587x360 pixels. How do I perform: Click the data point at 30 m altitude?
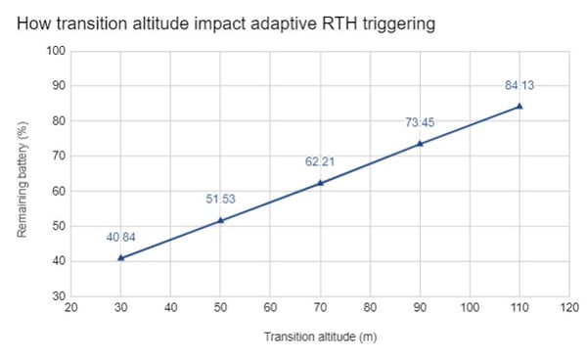point(120,257)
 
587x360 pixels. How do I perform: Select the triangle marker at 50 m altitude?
point(220,220)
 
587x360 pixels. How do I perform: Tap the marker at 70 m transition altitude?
point(320,182)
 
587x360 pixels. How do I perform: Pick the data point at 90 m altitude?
point(420,143)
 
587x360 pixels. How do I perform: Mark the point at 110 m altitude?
point(519,106)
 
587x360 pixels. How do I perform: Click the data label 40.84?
point(120,236)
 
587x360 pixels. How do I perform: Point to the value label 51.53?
point(220,199)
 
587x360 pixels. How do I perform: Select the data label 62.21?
point(320,160)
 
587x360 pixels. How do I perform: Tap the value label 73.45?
point(420,122)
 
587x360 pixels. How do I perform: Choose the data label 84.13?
point(519,85)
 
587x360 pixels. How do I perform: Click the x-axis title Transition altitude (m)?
point(320,337)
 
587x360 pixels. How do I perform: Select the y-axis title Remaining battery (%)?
point(22,173)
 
